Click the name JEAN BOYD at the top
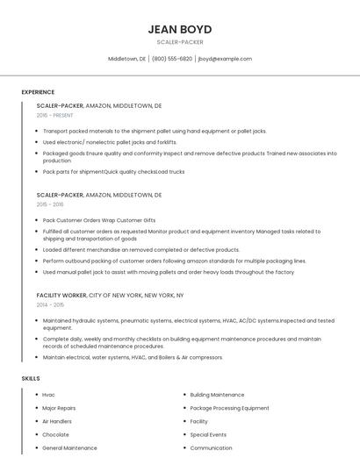pos(180,30)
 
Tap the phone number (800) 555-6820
pos(172,59)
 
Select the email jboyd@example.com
pos(225,59)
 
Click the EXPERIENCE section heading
pos(38,92)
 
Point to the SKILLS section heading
pos(31,379)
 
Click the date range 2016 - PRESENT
pos(54,115)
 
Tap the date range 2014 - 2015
pos(51,304)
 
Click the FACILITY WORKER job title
pos(61,296)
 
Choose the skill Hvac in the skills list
pos(49,395)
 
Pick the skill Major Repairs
pos(59,408)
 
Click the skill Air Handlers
pos(57,421)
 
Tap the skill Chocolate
pos(55,434)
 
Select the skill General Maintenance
pos(69,447)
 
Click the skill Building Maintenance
pos(217,395)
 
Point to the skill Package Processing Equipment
pos(229,408)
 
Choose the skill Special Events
pos(208,434)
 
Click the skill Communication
pos(211,447)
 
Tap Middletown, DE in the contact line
pos(126,59)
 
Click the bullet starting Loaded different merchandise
pos(140,249)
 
